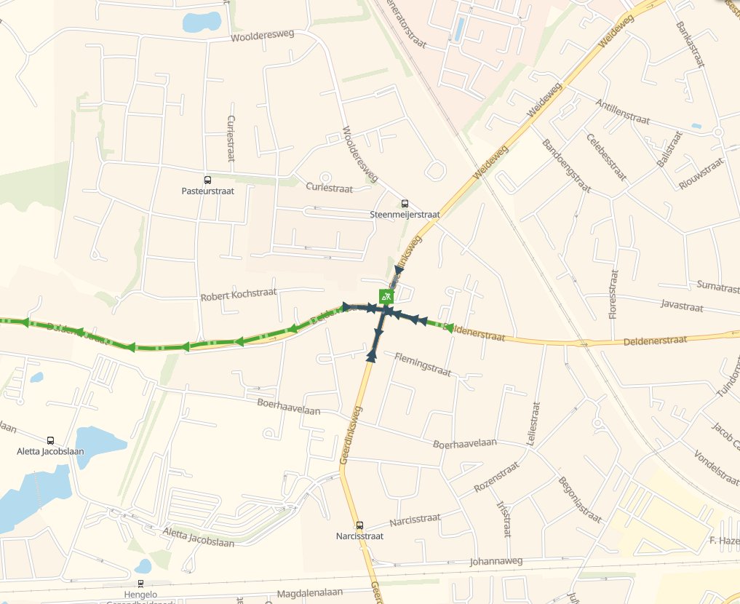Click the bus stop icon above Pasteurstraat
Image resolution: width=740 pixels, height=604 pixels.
207,180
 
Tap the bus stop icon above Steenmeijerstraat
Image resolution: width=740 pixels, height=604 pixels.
405,204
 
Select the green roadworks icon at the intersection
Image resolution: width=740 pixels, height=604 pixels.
386,296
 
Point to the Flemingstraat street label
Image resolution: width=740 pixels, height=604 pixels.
423,365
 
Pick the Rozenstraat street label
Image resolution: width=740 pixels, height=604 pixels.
497,477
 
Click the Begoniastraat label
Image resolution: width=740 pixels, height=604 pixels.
580,499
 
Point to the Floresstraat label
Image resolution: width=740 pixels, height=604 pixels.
613,294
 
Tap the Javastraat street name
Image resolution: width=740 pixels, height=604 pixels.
682,306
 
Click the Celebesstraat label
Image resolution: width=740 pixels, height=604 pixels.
605,157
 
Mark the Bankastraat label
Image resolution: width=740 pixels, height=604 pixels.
691,44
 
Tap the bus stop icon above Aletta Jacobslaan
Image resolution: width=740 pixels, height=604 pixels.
50,440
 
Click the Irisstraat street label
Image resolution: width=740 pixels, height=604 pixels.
504,518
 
